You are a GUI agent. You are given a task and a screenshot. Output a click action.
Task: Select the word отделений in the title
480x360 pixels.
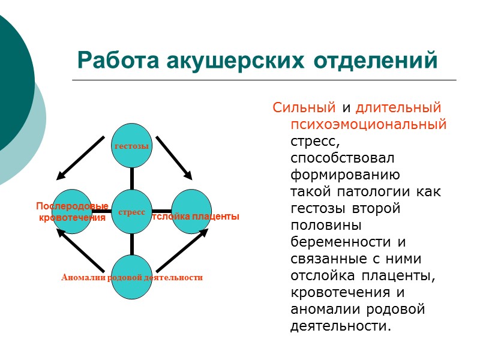coord(370,61)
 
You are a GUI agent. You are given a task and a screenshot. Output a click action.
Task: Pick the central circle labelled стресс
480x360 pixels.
coord(132,212)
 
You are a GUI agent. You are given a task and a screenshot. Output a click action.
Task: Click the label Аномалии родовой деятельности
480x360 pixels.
coord(132,278)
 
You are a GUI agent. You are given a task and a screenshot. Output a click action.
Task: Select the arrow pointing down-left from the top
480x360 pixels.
coord(80,158)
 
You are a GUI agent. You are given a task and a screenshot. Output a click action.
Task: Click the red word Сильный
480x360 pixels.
coord(304,108)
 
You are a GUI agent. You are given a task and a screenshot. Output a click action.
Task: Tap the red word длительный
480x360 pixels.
coord(398,108)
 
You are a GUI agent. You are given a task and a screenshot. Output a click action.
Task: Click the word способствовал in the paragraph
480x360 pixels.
coord(342,158)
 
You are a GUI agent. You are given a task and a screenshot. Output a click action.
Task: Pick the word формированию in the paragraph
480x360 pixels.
coord(344,175)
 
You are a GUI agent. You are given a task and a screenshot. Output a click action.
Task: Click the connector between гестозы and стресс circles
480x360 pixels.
coord(132,179)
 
